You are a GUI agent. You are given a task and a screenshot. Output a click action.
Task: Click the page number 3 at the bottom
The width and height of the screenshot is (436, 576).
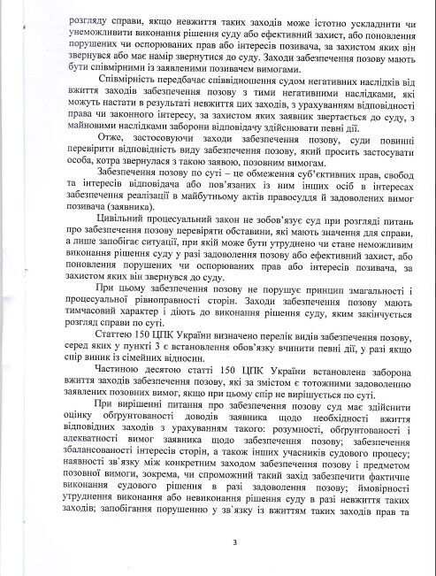coord(225,542)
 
